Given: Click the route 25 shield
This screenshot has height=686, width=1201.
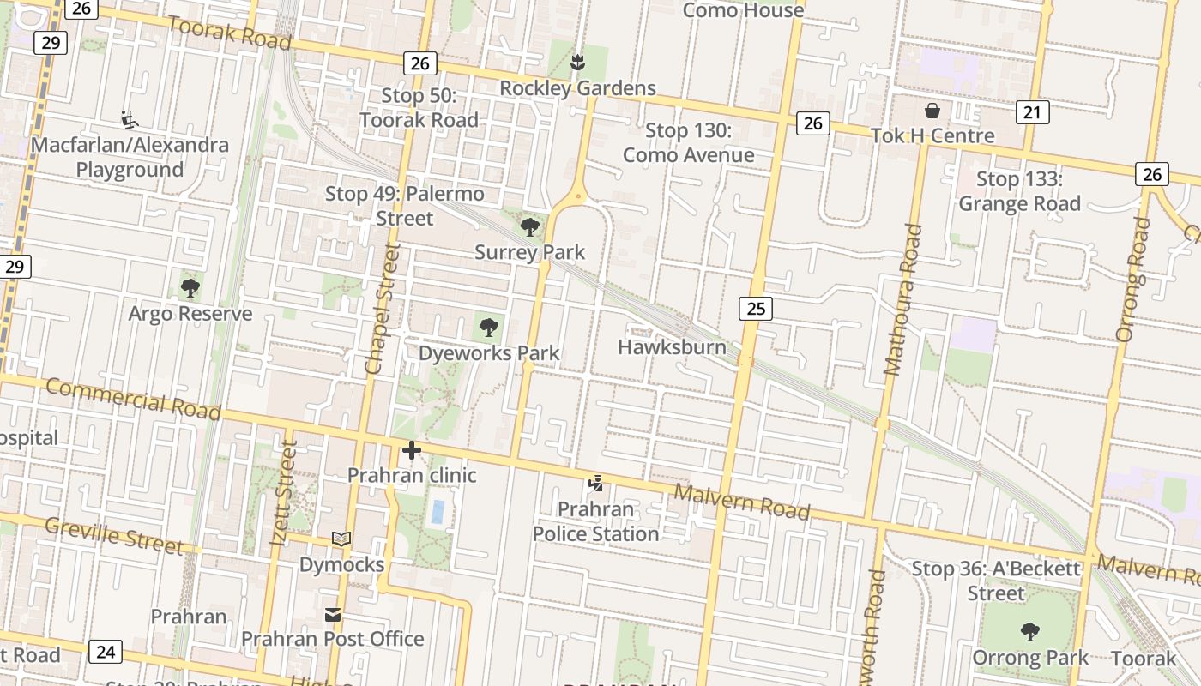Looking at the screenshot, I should point(755,308).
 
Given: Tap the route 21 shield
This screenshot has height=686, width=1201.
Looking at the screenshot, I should point(1033,111).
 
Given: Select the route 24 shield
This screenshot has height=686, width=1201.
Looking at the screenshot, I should point(105,652).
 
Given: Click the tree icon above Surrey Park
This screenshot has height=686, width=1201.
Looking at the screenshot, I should point(530,227).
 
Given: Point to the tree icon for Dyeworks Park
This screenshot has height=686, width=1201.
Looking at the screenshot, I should point(489,327).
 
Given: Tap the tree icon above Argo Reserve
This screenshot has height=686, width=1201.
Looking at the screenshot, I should point(190,288).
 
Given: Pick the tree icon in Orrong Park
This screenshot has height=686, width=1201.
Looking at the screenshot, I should point(1029,632).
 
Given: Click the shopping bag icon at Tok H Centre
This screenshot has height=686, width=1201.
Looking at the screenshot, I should point(932,111).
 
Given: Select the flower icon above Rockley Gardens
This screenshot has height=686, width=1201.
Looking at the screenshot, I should point(578,62).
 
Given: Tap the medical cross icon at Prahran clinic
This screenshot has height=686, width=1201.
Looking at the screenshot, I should point(412,449).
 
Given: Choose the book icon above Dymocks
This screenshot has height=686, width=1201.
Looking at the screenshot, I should point(341,539).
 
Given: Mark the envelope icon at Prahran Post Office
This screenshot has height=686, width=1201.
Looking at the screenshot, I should point(333,615).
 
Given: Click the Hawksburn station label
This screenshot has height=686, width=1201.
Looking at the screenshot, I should point(672,347).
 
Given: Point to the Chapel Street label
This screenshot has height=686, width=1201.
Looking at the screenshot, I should point(383,309).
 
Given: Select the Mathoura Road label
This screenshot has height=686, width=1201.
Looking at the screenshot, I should point(904,300).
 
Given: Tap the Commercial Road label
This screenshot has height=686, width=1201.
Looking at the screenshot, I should point(133,399).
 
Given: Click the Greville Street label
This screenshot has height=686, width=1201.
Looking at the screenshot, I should point(113,535).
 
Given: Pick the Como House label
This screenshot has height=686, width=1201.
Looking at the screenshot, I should point(743,10).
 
